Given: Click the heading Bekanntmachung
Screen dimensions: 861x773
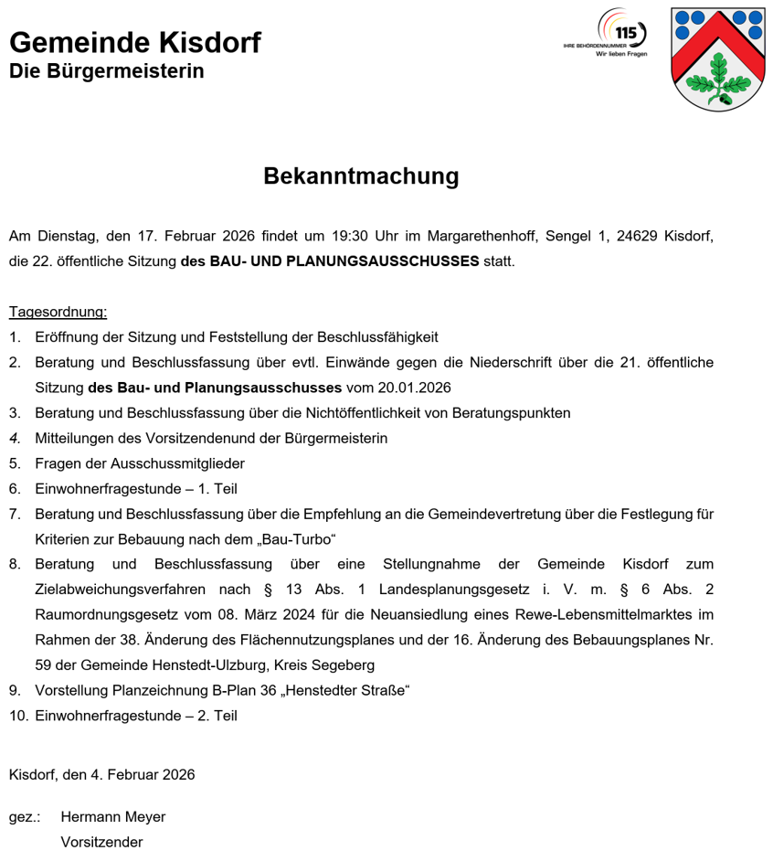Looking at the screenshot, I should (361, 175).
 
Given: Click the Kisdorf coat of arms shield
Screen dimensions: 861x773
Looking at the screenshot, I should (717, 59).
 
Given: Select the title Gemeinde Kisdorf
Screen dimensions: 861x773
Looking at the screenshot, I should (134, 43).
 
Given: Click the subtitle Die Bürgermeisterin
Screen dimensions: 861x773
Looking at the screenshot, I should (106, 70).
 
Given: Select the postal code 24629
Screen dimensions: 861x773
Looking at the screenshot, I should (639, 236).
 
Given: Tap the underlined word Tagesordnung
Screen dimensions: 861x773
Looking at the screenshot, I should (58, 312).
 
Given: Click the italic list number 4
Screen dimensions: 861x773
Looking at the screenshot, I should (15, 438).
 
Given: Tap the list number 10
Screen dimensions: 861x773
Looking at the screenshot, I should (18, 716).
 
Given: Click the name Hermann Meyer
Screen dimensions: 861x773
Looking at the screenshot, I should (112, 817).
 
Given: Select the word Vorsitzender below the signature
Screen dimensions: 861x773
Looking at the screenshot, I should (101, 843).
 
